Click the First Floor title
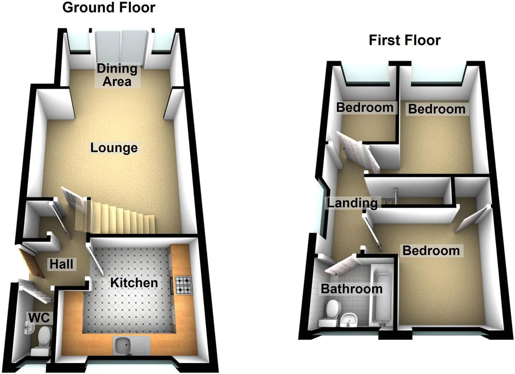(404, 40)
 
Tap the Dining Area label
(117, 75)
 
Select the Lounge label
(114, 148)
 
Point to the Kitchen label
(134, 283)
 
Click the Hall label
(61, 264)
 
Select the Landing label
(352, 203)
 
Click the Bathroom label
(351, 288)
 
